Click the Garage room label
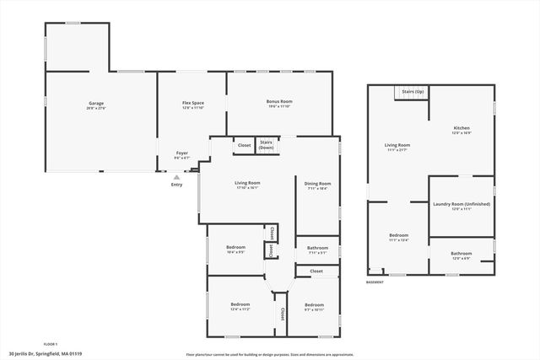tap(96, 105)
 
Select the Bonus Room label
tap(279, 104)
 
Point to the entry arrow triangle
tap(176, 178)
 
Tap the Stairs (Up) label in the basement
tap(413, 90)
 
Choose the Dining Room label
tap(317, 185)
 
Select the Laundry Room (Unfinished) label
tap(461, 205)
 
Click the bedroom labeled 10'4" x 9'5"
tap(235, 249)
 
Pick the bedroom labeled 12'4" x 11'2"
tap(240, 305)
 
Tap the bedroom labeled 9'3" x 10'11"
tap(314, 305)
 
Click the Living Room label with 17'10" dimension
tap(247, 185)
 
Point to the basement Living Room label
tap(397, 147)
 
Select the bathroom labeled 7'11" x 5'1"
tap(317, 251)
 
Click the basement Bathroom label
tap(461, 255)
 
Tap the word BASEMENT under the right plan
tap(375, 282)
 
